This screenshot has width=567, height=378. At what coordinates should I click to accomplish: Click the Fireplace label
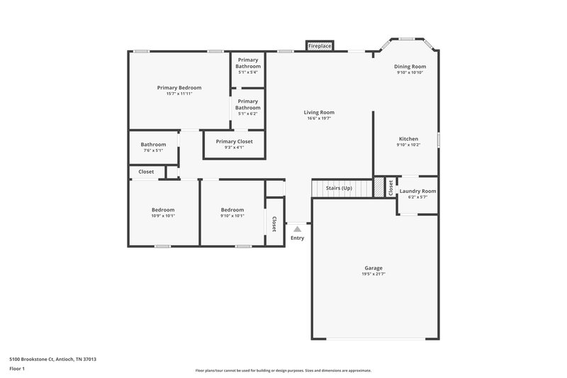[x=320, y=46]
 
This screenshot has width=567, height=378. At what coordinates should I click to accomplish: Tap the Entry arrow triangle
[x=298, y=229]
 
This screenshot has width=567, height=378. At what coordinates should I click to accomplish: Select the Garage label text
[x=374, y=267]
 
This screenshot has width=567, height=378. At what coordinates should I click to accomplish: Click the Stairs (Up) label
[x=338, y=188]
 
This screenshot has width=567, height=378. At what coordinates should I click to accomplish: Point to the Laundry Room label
[x=417, y=191]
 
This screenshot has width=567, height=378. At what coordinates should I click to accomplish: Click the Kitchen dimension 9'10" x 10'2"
[x=408, y=145]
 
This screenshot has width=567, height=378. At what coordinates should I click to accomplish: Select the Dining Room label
[x=410, y=67]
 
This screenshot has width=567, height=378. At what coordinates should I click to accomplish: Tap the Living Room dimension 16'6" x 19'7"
[x=319, y=118]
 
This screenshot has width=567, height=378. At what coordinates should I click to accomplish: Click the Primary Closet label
[x=234, y=141]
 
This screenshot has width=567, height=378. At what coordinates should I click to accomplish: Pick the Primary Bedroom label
[x=179, y=87]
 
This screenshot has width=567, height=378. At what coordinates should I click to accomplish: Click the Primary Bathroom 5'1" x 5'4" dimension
[x=248, y=72]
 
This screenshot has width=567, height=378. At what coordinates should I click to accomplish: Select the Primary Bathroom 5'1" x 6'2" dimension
[x=248, y=113]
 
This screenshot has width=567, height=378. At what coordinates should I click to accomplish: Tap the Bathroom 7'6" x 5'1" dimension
[x=153, y=150]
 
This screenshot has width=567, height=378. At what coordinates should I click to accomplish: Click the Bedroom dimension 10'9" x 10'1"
[x=163, y=216]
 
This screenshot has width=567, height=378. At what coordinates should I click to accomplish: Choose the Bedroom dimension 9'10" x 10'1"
[x=232, y=216]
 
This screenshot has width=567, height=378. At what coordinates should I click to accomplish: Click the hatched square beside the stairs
[x=378, y=187]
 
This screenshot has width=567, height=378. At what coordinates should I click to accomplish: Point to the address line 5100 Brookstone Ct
[x=52, y=360]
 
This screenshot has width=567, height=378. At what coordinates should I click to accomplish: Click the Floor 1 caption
[x=17, y=369]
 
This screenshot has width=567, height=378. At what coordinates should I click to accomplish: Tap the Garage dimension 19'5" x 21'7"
[x=374, y=274]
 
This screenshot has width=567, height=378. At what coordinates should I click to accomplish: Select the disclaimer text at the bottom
[x=283, y=370]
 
